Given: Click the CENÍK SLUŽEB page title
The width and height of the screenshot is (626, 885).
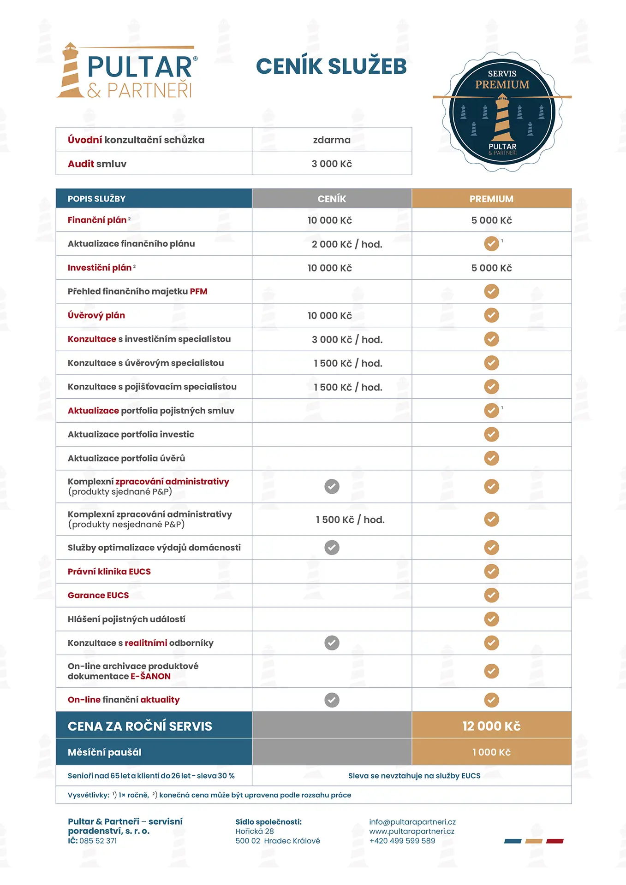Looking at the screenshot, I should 331,66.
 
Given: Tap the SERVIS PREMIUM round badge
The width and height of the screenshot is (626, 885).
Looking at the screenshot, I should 502,112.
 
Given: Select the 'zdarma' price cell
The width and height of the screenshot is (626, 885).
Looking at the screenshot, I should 332,140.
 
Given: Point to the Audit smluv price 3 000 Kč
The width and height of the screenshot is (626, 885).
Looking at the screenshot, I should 332,164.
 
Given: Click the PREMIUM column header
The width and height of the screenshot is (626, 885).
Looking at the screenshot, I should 491,199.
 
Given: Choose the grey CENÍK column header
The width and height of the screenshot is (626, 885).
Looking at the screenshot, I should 332,199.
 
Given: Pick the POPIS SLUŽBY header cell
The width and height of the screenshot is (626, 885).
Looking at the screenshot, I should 97,199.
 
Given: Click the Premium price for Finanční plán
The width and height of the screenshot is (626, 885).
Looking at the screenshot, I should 491,220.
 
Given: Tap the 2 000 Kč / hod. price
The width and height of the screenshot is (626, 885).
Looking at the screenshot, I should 347,244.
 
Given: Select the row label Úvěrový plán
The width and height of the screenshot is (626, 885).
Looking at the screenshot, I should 96,315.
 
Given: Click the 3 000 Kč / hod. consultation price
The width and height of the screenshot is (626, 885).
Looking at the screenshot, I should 347,340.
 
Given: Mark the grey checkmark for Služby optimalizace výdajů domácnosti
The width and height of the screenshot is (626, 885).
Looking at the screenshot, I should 332,548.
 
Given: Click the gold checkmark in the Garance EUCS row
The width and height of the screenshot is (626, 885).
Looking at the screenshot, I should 491,595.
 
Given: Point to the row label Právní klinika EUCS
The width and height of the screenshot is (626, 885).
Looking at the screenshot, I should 109,572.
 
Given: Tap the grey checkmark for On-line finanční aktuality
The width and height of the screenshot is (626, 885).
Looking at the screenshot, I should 332,700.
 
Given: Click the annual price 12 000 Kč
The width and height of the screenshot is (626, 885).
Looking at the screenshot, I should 491,726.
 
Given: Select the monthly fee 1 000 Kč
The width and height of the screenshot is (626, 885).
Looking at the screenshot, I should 491,752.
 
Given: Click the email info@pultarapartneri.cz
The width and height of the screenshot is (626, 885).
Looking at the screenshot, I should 412,822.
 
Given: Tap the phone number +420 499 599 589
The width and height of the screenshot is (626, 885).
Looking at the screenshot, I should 402,841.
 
